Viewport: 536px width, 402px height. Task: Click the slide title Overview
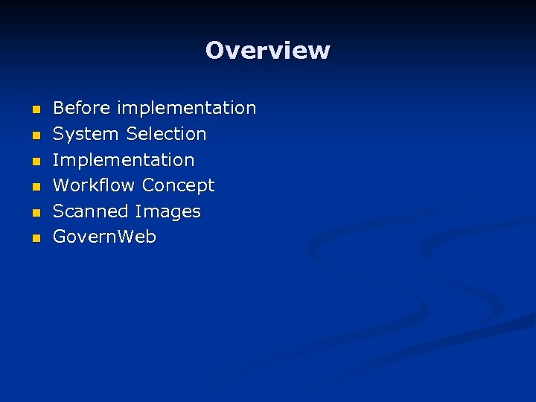[x=268, y=51]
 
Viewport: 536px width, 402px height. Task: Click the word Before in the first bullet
[x=80, y=108]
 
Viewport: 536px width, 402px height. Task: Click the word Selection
[x=166, y=134]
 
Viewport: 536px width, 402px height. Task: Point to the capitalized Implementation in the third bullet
[x=124, y=160]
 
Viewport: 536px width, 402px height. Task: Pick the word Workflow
[x=95, y=185]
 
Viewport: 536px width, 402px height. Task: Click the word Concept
[x=178, y=185]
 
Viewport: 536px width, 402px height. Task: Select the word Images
[x=167, y=212]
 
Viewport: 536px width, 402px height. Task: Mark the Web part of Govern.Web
[x=140, y=237]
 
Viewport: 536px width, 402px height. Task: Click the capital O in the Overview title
[x=215, y=51]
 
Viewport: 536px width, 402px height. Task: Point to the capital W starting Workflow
[x=62, y=185]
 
